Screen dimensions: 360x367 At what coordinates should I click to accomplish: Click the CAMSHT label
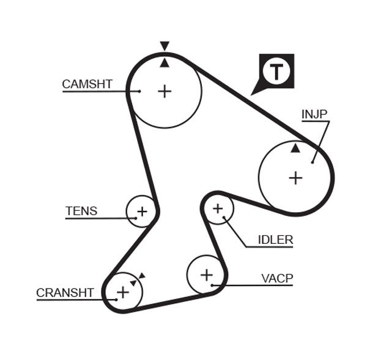[x=87, y=84]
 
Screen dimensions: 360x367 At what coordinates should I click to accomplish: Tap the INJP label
[x=314, y=114]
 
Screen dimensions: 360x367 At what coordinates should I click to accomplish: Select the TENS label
[x=81, y=211]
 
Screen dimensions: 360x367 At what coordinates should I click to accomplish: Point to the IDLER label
[x=275, y=240]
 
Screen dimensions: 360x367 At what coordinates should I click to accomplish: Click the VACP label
[x=277, y=279]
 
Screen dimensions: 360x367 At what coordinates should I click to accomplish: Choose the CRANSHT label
[x=65, y=293]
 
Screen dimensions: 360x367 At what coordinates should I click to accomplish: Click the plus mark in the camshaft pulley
[x=165, y=91]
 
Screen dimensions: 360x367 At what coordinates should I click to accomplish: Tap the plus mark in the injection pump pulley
[x=296, y=178]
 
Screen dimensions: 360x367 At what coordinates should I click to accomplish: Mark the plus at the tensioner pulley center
[x=142, y=211]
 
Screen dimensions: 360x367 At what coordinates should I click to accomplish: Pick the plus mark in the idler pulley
[x=218, y=209]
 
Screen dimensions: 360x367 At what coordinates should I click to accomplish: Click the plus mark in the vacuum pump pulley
[x=206, y=274]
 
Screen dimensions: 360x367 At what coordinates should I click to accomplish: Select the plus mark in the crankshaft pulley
[x=123, y=292]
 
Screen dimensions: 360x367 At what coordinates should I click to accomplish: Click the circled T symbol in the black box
[x=277, y=72]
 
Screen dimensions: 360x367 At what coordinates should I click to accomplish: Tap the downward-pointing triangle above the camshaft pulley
[x=164, y=46]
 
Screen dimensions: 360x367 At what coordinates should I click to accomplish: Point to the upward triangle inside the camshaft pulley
[x=164, y=62]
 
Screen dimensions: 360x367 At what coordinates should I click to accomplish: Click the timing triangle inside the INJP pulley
[x=295, y=148]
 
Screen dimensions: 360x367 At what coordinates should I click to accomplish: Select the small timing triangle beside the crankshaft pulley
[x=141, y=276]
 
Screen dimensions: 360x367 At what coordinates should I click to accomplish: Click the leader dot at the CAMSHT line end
[x=139, y=91]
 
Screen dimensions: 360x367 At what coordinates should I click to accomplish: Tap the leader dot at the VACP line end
[x=212, y=285]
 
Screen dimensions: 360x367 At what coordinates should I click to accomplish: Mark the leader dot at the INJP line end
[x=313, y=161]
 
